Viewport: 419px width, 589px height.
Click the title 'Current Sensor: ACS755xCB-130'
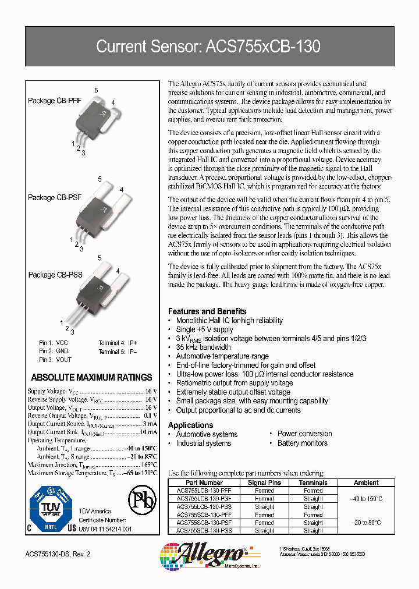click(x=208, y=47)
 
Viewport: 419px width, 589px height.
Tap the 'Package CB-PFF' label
click(x=55, y=101)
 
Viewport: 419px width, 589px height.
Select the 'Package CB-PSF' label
click(x=55, y=197)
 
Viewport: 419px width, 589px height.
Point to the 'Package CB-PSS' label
click(x=55, y=275)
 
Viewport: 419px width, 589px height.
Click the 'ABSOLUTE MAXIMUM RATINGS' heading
click(x=91, y=377)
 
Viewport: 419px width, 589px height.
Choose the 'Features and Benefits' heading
click(x=207, y=311)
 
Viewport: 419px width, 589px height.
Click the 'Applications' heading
click(x=190, y=425)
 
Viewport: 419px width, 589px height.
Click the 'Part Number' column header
click(x=204, y=482)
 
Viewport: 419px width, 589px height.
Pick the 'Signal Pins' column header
click(x=264, y=482)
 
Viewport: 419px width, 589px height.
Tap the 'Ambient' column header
click(x=366, y=482)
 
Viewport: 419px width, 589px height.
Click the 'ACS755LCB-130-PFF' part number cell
click(x=204, y=491)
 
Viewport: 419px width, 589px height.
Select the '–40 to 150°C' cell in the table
click(x=366, y=499)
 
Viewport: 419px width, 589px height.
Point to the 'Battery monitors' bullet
click(x=302, y=443)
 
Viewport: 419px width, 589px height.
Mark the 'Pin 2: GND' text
click(x=54, y=352)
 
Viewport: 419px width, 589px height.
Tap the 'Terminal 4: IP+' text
click(x=118, y=343)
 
